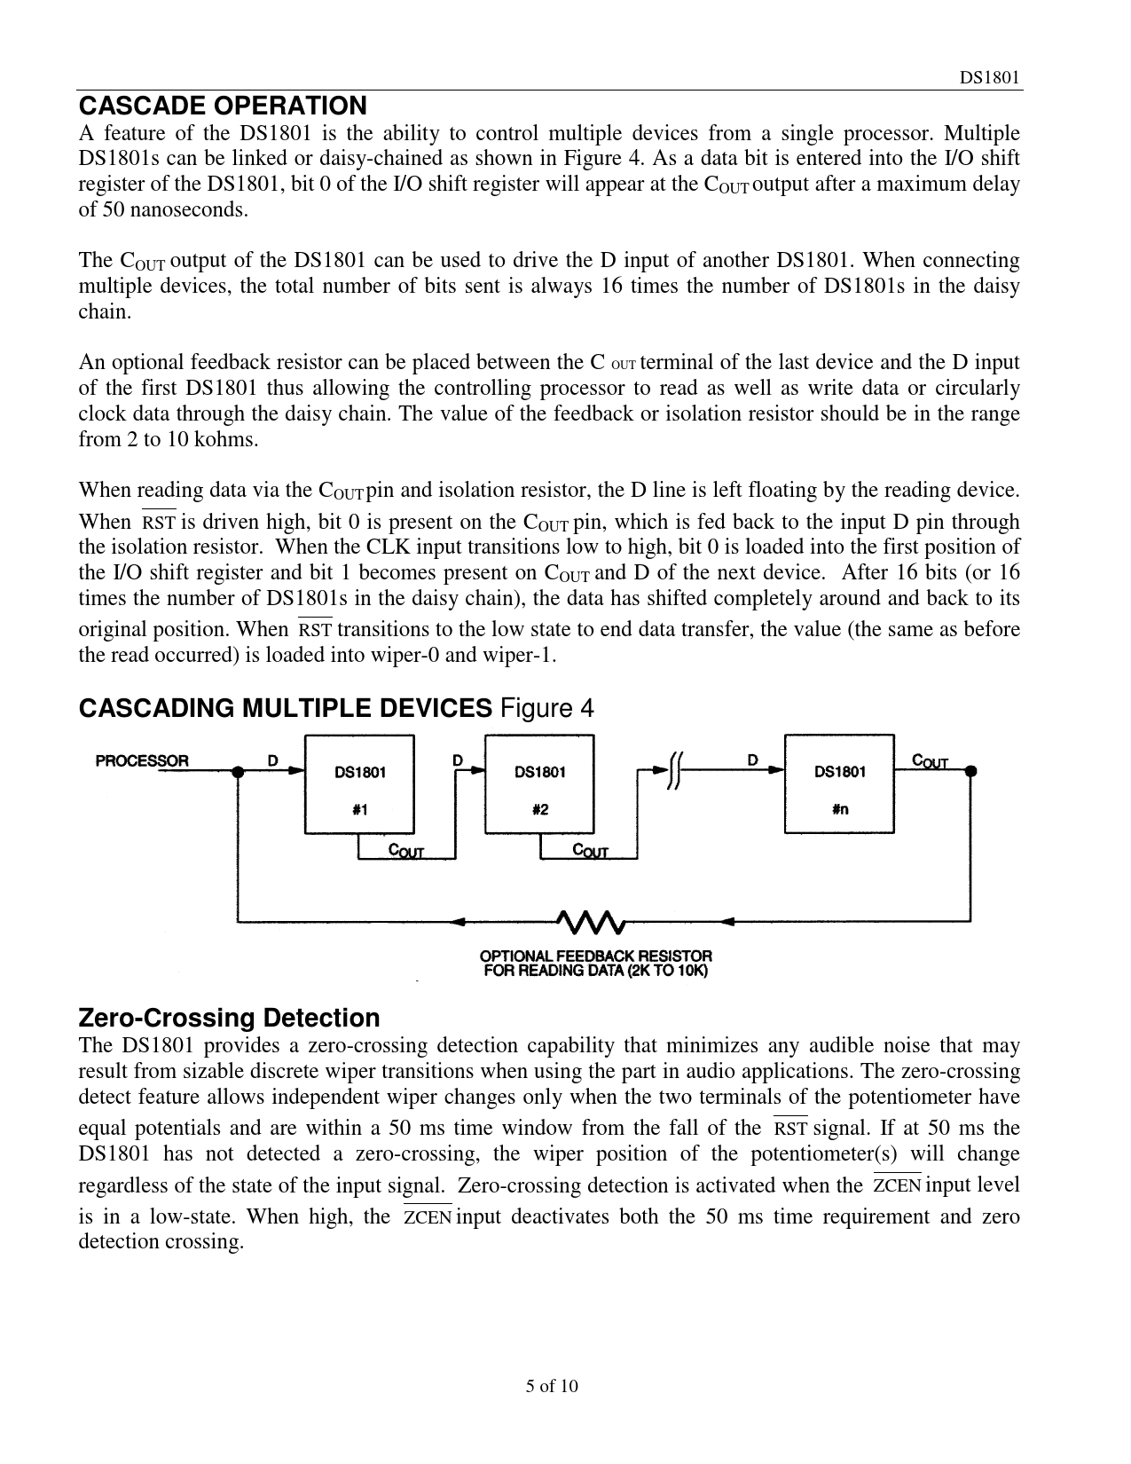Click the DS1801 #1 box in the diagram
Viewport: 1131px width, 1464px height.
(x=359, y=783)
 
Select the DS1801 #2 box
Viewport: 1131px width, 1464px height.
(x=539, y=783)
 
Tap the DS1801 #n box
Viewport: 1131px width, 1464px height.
(x=839, y=783)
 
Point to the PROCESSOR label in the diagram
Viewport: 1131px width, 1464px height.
(x=142, y=760)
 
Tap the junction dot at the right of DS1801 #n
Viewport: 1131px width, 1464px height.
(x=971, y=772)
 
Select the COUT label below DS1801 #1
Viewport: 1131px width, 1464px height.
(x=406, y=851)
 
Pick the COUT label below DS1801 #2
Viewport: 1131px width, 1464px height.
(x=590, y=851)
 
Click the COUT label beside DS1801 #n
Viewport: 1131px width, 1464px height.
(x=930, y=760)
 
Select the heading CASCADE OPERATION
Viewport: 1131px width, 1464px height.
(x=222, y=106)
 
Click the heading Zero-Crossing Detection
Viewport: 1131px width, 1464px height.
(x=229, y=1017)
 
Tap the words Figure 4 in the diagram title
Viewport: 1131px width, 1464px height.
(x=546, y=708)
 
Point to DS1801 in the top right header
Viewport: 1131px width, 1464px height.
(x=989, y=77)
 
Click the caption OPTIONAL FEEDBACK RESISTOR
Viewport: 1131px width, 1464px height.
(x=595, y=956)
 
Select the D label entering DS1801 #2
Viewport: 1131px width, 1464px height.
(x=458, y=760)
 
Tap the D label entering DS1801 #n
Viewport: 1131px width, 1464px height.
(x=752, y=760)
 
